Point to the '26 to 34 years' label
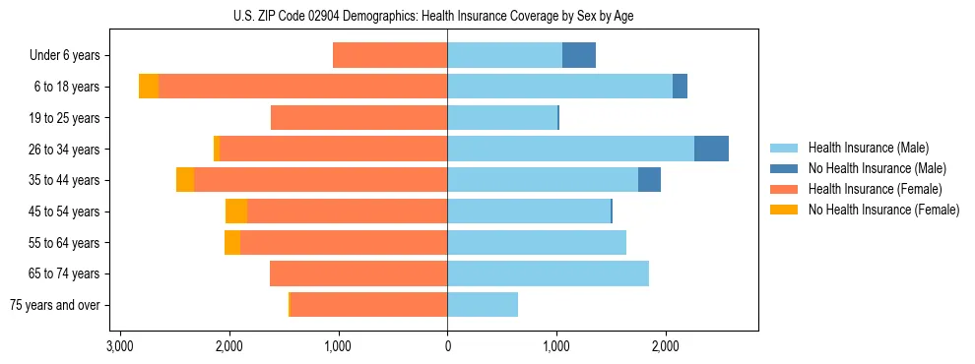64,150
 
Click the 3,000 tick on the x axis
120,346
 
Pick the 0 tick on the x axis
447,346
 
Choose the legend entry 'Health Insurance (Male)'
868,148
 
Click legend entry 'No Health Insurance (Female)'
883,210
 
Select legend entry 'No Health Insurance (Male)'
877,168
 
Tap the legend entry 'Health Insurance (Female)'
875,189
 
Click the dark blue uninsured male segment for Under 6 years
579,55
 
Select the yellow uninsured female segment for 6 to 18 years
149,87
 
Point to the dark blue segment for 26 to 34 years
711,149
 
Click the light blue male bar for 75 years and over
483,305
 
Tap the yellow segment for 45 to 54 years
236,212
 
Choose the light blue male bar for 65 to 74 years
548,273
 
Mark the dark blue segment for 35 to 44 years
649,180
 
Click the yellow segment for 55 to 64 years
232,243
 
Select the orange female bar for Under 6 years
390,55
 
